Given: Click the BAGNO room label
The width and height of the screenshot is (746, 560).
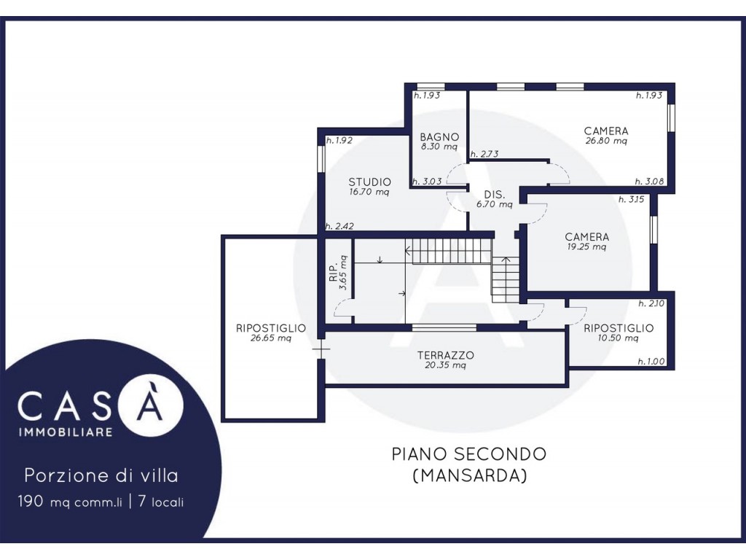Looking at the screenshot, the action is click(x=439, y=137).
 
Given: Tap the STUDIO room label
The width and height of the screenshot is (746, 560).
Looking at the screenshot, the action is click(x=369, y=182).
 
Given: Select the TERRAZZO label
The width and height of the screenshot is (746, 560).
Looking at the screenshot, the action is click(x=445, y=355).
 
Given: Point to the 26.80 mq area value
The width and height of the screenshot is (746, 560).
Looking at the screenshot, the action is click(x=606, y=141).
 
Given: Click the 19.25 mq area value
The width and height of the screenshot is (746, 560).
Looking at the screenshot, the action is click(x=586, y=246).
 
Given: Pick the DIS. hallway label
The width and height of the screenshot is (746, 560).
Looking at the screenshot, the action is click(x=495, y=195).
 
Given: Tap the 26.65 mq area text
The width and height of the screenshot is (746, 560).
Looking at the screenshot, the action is click(x=271, y=338).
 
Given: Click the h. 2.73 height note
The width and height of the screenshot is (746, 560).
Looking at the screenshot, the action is click(x=484, y=154).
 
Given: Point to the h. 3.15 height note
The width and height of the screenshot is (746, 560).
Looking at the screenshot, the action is click(x=631, y=200).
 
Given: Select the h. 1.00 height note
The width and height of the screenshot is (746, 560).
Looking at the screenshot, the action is click(x=651, y=362).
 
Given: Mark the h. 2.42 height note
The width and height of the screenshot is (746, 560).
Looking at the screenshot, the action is click(x=339, y=226).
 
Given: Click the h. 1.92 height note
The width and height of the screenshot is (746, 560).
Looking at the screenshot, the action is click(x=339, y=141).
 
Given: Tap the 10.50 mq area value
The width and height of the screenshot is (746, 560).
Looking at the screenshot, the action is click(x=618, y=338).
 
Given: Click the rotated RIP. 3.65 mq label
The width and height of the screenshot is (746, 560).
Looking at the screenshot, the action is click(x=338, y=273).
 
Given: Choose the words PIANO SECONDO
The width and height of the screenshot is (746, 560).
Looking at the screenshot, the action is click(x=469, y=454).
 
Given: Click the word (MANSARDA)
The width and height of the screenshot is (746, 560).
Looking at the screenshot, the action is click(x=470, y=475).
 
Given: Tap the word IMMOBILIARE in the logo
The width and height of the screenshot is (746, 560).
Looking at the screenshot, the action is click(x=65, y=432).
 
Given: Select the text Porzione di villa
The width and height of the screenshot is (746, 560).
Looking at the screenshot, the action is click(x=101, y=475).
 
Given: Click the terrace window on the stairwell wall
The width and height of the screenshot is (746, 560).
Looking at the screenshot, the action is click(x=444, y=327).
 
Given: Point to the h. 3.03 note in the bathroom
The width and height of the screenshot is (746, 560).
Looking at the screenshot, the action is click(x=427, y=182).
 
